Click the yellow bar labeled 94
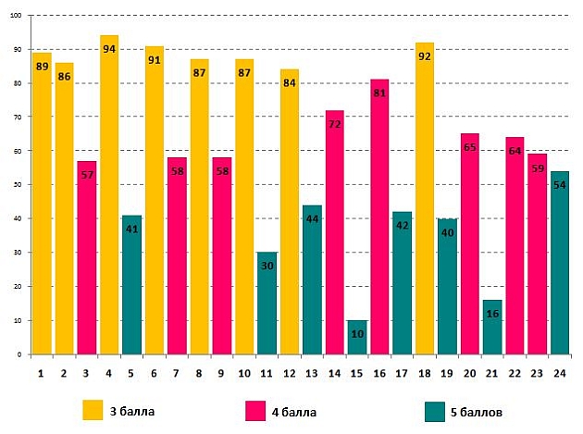(109, 194)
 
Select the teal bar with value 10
(357, 338)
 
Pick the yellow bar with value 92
(425, 199)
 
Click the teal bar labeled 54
(560, 264)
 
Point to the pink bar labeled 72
(335, 231)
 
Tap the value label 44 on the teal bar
(312, 218)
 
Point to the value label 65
(470, 147)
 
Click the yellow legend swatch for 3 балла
(93, 410)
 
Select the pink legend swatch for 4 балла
(255, 410)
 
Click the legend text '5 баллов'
(480, 411)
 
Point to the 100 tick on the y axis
(19, 16)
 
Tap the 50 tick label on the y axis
(20, 185)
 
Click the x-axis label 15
(357, 372)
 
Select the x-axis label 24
(560, 372)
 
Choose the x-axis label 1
(42, 372)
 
